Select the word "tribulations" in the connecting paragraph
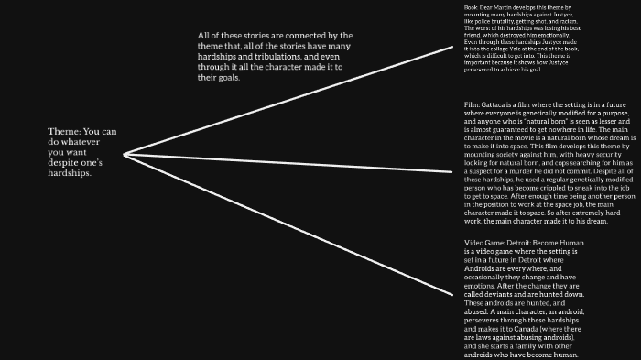[284, 57]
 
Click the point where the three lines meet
[124, 153]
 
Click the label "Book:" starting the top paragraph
[472, 7]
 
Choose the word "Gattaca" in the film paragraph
[497, 106]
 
